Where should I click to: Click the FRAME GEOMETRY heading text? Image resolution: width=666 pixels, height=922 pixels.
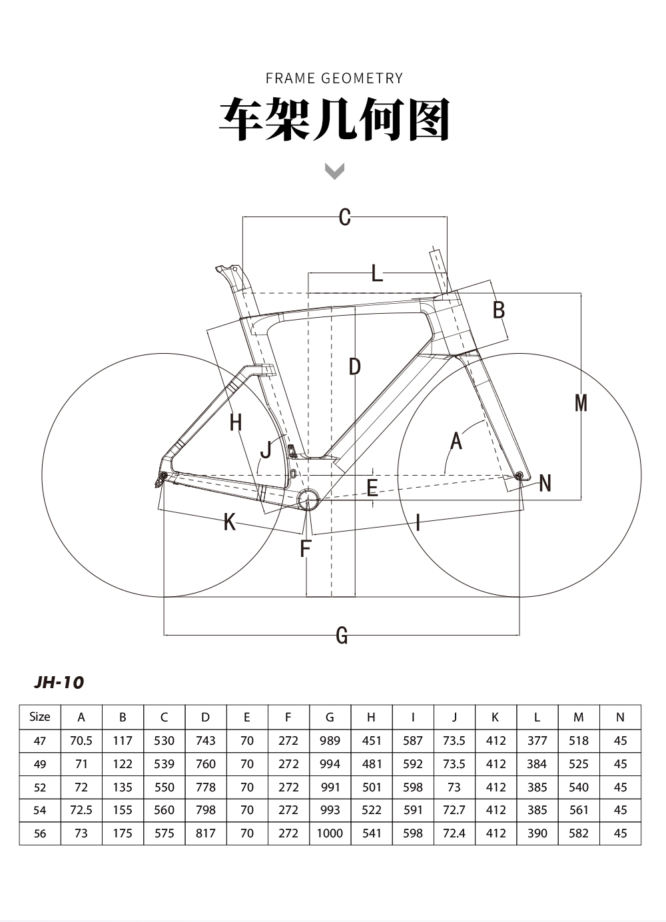pyautogui.click(x=334, y=78)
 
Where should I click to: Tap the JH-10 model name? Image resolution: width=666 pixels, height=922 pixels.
pyautogui.click(x=59, y=683)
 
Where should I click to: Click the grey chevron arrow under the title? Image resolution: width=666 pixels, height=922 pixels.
pyautogui.click(x=334, y=171)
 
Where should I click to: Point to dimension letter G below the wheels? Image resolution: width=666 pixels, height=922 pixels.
pyautogui.click(x=342, y=635)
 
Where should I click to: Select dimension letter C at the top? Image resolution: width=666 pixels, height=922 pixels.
pyautogui.click(x=345, y=217)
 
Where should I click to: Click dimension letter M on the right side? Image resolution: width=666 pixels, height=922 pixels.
pyautogui.click(x=581, y=403)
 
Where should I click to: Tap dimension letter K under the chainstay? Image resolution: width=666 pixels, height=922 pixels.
pyautogui.click(x=230, y=522)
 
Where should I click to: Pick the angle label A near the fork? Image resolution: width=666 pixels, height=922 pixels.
pyautogui.click(x=456, y=441)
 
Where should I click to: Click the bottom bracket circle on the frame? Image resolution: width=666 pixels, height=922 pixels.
pyautogui.click(x=309, y=499)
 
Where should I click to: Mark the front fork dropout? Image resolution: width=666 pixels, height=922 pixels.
pyautogui.click(x=519, y=476)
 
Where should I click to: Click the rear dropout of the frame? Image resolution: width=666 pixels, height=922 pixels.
pyautogui.click(x=163, y=476)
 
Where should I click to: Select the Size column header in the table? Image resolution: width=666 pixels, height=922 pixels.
pyautogui.click(x=40, y=717)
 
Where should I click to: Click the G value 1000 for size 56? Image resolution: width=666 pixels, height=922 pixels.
pyautogui.click(x=330, y=833)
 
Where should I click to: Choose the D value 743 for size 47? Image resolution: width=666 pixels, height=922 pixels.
pyautogui.click(x=205, y=741)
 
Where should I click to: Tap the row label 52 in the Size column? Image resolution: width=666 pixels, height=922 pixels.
pyautogui.click(x=40, y=787)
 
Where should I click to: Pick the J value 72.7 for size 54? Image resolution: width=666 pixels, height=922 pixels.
pyautogui.click(x=454, y=810)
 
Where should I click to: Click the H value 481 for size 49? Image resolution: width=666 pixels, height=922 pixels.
pyautogui.click(x=371, y=764)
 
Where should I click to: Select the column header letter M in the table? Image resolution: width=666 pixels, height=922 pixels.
pyautogui.click(x=578, y=717)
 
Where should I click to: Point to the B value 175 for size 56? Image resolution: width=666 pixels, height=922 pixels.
pyautogui.click(x=123, y=833)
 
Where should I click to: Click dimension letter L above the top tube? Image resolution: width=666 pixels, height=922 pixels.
pyautogui.click(x=377, y=273)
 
